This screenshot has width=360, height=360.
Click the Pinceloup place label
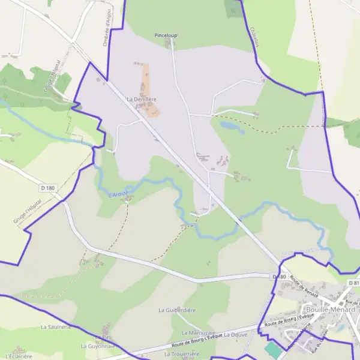tap(166, 36)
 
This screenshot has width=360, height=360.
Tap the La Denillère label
tap(141, 99)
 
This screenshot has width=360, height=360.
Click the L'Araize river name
tap(118, 193)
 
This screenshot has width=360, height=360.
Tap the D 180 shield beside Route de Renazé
tap(278, 277)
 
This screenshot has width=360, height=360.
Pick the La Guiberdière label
tap(178, 310)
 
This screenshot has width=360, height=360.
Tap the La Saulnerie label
tap(56, 327)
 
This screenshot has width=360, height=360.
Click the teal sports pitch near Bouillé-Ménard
tap(273, 349)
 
